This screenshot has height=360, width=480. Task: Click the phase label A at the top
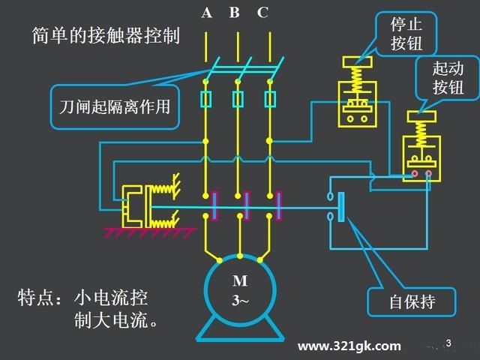[207, 12]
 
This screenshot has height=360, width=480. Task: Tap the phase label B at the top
[235, 12]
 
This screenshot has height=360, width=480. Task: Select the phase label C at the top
[262, 12]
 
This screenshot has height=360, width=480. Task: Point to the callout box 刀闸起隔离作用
[115, 106]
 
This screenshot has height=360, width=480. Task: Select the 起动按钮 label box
[448, 78]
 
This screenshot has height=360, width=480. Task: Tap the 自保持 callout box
[412, 302]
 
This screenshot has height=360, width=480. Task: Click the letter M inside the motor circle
[239, 282]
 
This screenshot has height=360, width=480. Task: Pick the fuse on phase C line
[271, 98]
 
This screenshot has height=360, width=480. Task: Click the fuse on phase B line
[238, 98]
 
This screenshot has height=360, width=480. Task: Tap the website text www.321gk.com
[349, 346]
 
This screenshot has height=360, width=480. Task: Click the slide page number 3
[448, 343]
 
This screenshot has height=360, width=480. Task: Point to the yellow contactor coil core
[136, 205]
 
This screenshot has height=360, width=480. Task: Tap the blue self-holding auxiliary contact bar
[342, 207]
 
